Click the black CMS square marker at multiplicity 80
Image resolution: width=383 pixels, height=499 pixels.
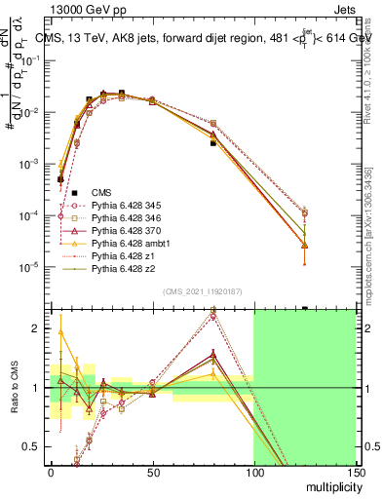tap(212, 143)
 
